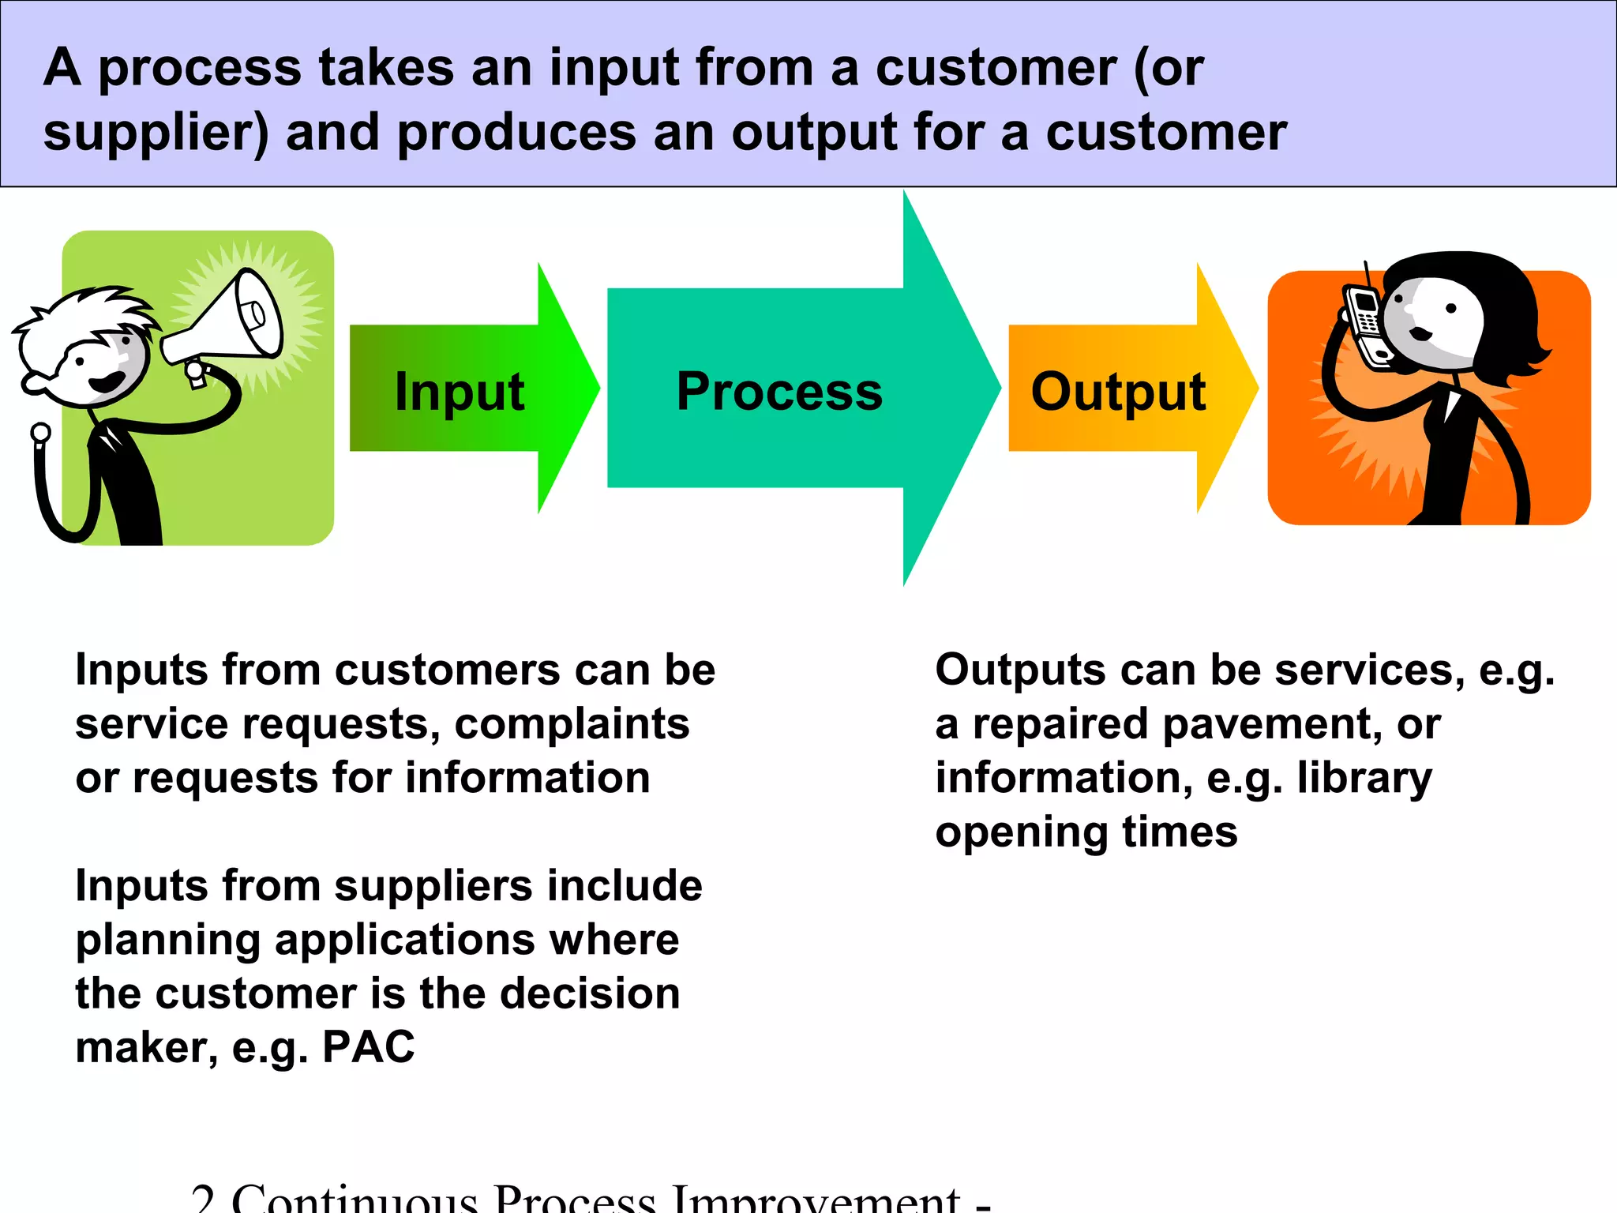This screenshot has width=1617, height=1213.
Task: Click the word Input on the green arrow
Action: (460, 392)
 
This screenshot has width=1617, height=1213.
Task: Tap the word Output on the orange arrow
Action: (1118, 392)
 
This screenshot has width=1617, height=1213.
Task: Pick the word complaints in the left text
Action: (572, 723)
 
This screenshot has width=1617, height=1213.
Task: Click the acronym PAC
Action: (368, 1047)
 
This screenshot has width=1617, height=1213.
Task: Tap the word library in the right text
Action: (1364, 778)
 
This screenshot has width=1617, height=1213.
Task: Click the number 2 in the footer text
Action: (204, 1199)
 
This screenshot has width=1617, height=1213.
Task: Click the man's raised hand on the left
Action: (40, 433)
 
